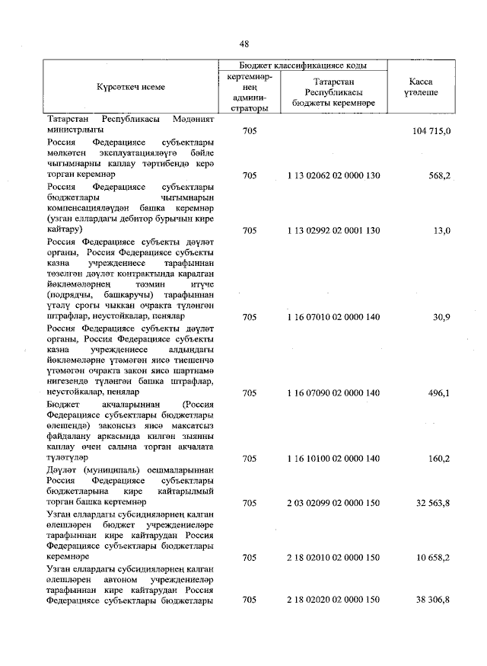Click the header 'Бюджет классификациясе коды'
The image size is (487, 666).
click(304, 66)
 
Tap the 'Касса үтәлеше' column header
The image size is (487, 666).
click(424, 87)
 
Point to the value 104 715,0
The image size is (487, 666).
click(431, 132)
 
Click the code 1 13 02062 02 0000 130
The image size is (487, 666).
click(333, 175)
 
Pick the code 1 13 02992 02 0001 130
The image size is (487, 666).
click(333, 229)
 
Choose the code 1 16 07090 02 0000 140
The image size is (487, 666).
click(333, 393)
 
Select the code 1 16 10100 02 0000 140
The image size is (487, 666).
click(333, 459)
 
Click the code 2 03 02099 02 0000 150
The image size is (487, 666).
click(333, 503)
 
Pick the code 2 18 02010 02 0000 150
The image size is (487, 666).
click(333, 558)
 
